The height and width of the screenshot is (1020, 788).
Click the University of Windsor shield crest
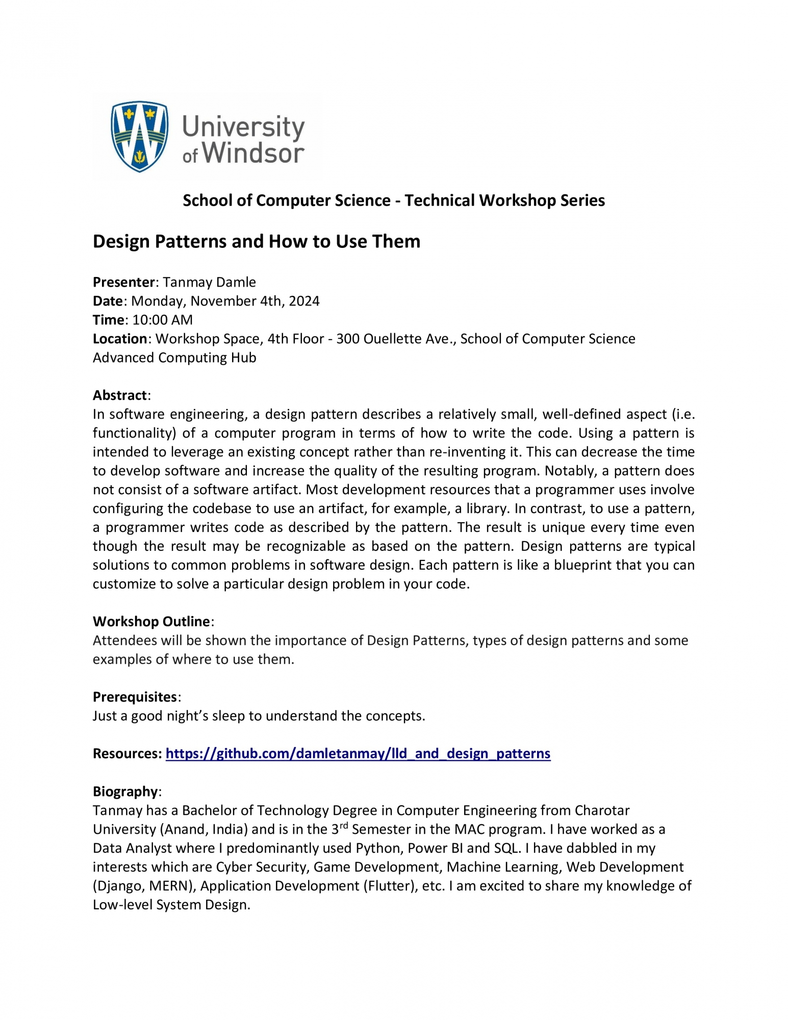coord(139,136)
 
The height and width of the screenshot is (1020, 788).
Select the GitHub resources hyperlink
coord(358,753)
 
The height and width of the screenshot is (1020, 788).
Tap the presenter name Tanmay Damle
coord(209,282)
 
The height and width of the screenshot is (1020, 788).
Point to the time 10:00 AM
coord(162,320)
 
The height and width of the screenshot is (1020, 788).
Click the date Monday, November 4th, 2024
coord(225,301)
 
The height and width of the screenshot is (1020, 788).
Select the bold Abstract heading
coord(120,395)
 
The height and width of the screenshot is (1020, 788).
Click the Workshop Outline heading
coord(151,621)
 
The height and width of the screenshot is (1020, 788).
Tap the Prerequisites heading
coord(135,697)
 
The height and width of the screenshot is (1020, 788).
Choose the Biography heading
coord(125,791)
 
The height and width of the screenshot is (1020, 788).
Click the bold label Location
coord(120,339)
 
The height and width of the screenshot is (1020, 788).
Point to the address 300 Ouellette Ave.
coord(396,339)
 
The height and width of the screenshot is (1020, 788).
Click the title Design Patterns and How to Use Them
coord(256,241)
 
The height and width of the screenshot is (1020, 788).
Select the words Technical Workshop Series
coord(504,200)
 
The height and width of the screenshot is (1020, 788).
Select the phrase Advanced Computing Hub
coord(174,358)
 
